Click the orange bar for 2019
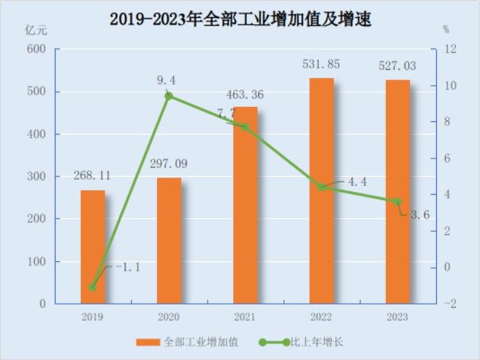(x=93, y=247)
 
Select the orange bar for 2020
(x=169, y=241)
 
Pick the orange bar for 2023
(x=398, y=192)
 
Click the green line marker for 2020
(x=169, y=96)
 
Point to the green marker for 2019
(x=93, y=287)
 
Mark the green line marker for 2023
(x=398, y=202)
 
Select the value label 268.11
(x=93, y=175)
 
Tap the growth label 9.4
(x=167, y=81)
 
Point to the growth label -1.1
(x=126, y=267)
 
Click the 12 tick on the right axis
(x=449, y=49)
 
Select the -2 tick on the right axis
(x=449, y=304)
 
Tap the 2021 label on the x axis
(x=245, y=317)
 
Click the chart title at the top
(x=240, y=19)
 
